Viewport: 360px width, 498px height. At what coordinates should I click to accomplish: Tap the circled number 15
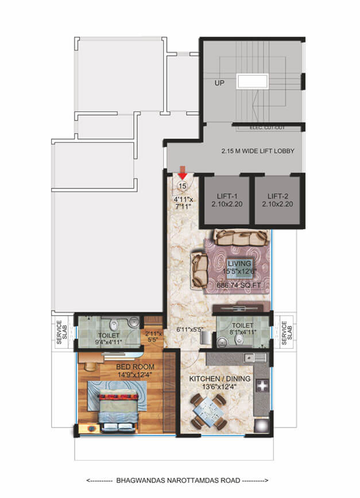pos(183,186)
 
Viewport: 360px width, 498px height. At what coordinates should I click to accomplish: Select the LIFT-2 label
pos(277,196)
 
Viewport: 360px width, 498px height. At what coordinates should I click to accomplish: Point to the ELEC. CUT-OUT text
pos(268,127)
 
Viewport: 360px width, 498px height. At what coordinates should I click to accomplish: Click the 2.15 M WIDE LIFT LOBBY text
pos(258,151)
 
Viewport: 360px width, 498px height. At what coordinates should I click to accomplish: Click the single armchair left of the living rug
pos(200,269)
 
